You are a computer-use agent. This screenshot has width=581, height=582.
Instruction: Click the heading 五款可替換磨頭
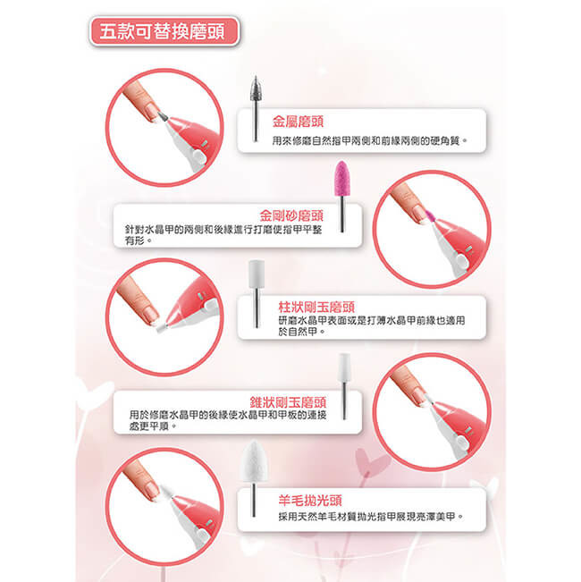(x=162, y=31)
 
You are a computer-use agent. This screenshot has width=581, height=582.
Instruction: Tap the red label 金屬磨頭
(x=298, y=122)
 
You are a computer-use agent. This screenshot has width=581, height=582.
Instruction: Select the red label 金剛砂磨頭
(x=291, y=215)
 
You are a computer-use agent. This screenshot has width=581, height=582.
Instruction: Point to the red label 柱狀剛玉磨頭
(x=316, y=307)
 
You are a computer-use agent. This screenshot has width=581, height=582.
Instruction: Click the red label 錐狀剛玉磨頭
(x=288, y=402)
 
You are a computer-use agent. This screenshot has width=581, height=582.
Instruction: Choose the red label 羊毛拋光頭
(x=310, y=501)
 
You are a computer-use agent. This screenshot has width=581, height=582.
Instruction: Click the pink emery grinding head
(x=341, y=179)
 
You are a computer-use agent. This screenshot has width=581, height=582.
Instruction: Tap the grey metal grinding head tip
(x=255, y=89)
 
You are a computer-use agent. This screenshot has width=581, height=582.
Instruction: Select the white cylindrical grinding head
(x=257, y=274)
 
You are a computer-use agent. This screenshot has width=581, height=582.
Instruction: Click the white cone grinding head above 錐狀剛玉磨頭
(x=344, y=367)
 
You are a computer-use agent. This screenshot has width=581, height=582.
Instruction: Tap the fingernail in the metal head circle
(x=152, y=113)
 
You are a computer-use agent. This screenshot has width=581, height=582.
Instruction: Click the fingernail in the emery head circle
(x=419, y=215)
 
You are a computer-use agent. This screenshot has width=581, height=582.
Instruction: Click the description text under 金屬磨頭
(x=369, y=140)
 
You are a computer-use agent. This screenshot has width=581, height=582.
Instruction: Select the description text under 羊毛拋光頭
(x=371, y=517)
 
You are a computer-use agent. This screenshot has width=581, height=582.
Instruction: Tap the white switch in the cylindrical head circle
(x=210, y=307)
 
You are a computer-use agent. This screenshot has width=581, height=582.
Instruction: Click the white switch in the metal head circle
(x=198, y=156)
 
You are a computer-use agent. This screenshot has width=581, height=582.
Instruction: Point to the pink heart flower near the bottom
(x=372, y=462)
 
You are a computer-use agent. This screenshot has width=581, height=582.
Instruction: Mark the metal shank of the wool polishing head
(x=254, y=500)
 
